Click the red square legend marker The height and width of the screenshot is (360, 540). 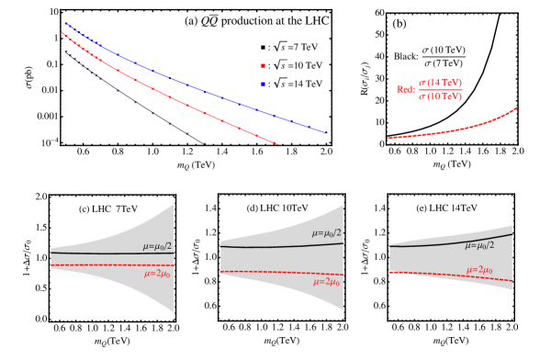[x=263, y=66]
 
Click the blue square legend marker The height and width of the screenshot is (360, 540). [x=263, y=84]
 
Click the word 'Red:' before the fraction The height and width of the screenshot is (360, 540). [x=405, y=90]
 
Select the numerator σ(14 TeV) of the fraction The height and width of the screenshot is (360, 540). [x=440, y=83]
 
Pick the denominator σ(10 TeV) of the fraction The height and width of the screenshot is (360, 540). [x=440, y=96]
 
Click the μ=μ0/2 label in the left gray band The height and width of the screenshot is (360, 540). [x=158, y=246]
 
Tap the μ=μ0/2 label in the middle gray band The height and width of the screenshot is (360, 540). [x=327, y=233]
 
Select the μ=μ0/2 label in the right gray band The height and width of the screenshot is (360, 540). [x=479, y=245]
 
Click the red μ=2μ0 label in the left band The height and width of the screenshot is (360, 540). [x=159, y=274]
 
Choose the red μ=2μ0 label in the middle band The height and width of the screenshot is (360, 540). [x=327, y=282]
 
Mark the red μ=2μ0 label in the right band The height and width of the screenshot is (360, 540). [x=479, y=270]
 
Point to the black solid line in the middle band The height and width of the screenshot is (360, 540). [x=266, y=246]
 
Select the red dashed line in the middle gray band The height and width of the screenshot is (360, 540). [x=266, y=273]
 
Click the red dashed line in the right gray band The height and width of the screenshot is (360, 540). [x=432, y=274]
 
